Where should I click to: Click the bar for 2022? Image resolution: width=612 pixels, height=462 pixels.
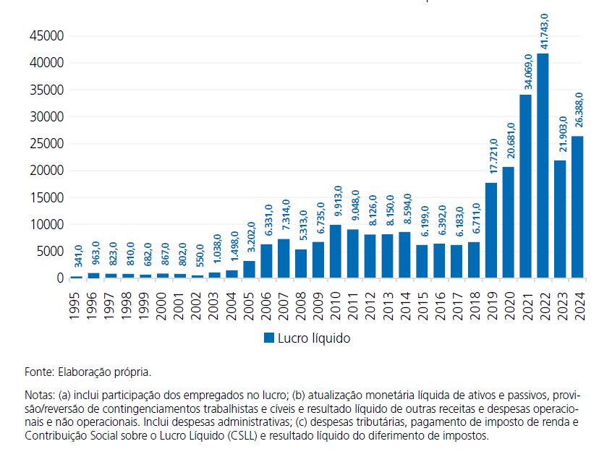point(543,166)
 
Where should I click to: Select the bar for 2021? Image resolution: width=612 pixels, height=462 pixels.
point(525,186)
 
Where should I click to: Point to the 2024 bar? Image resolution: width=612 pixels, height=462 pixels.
point(577,207)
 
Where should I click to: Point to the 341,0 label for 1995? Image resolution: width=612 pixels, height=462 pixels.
point(77,257)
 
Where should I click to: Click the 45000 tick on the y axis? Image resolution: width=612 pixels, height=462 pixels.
point(45,36)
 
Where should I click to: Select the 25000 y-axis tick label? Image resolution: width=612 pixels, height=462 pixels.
point(45,144)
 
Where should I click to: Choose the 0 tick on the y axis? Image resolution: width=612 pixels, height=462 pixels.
point(60,278)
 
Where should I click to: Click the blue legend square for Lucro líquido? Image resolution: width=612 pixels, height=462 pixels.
point(268,337)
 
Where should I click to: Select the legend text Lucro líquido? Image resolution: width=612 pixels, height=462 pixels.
point(314,337)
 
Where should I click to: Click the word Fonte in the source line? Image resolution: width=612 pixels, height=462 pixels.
point(38,372)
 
